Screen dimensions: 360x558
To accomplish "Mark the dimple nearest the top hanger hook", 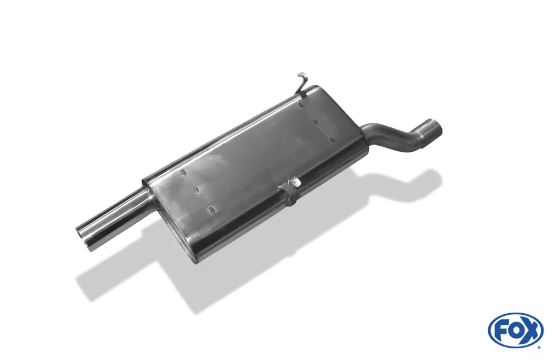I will (301, 103).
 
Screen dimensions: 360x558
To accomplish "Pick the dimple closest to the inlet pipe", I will (333, 139).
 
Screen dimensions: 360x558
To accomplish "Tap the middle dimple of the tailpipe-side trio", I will (196, 191).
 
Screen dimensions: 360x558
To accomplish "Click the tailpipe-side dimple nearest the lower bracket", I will (211, 209).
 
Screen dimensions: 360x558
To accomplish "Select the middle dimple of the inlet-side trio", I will (316, 121).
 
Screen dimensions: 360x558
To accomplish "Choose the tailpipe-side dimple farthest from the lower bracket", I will (182, 172).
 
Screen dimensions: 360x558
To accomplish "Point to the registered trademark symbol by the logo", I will (539, 347).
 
